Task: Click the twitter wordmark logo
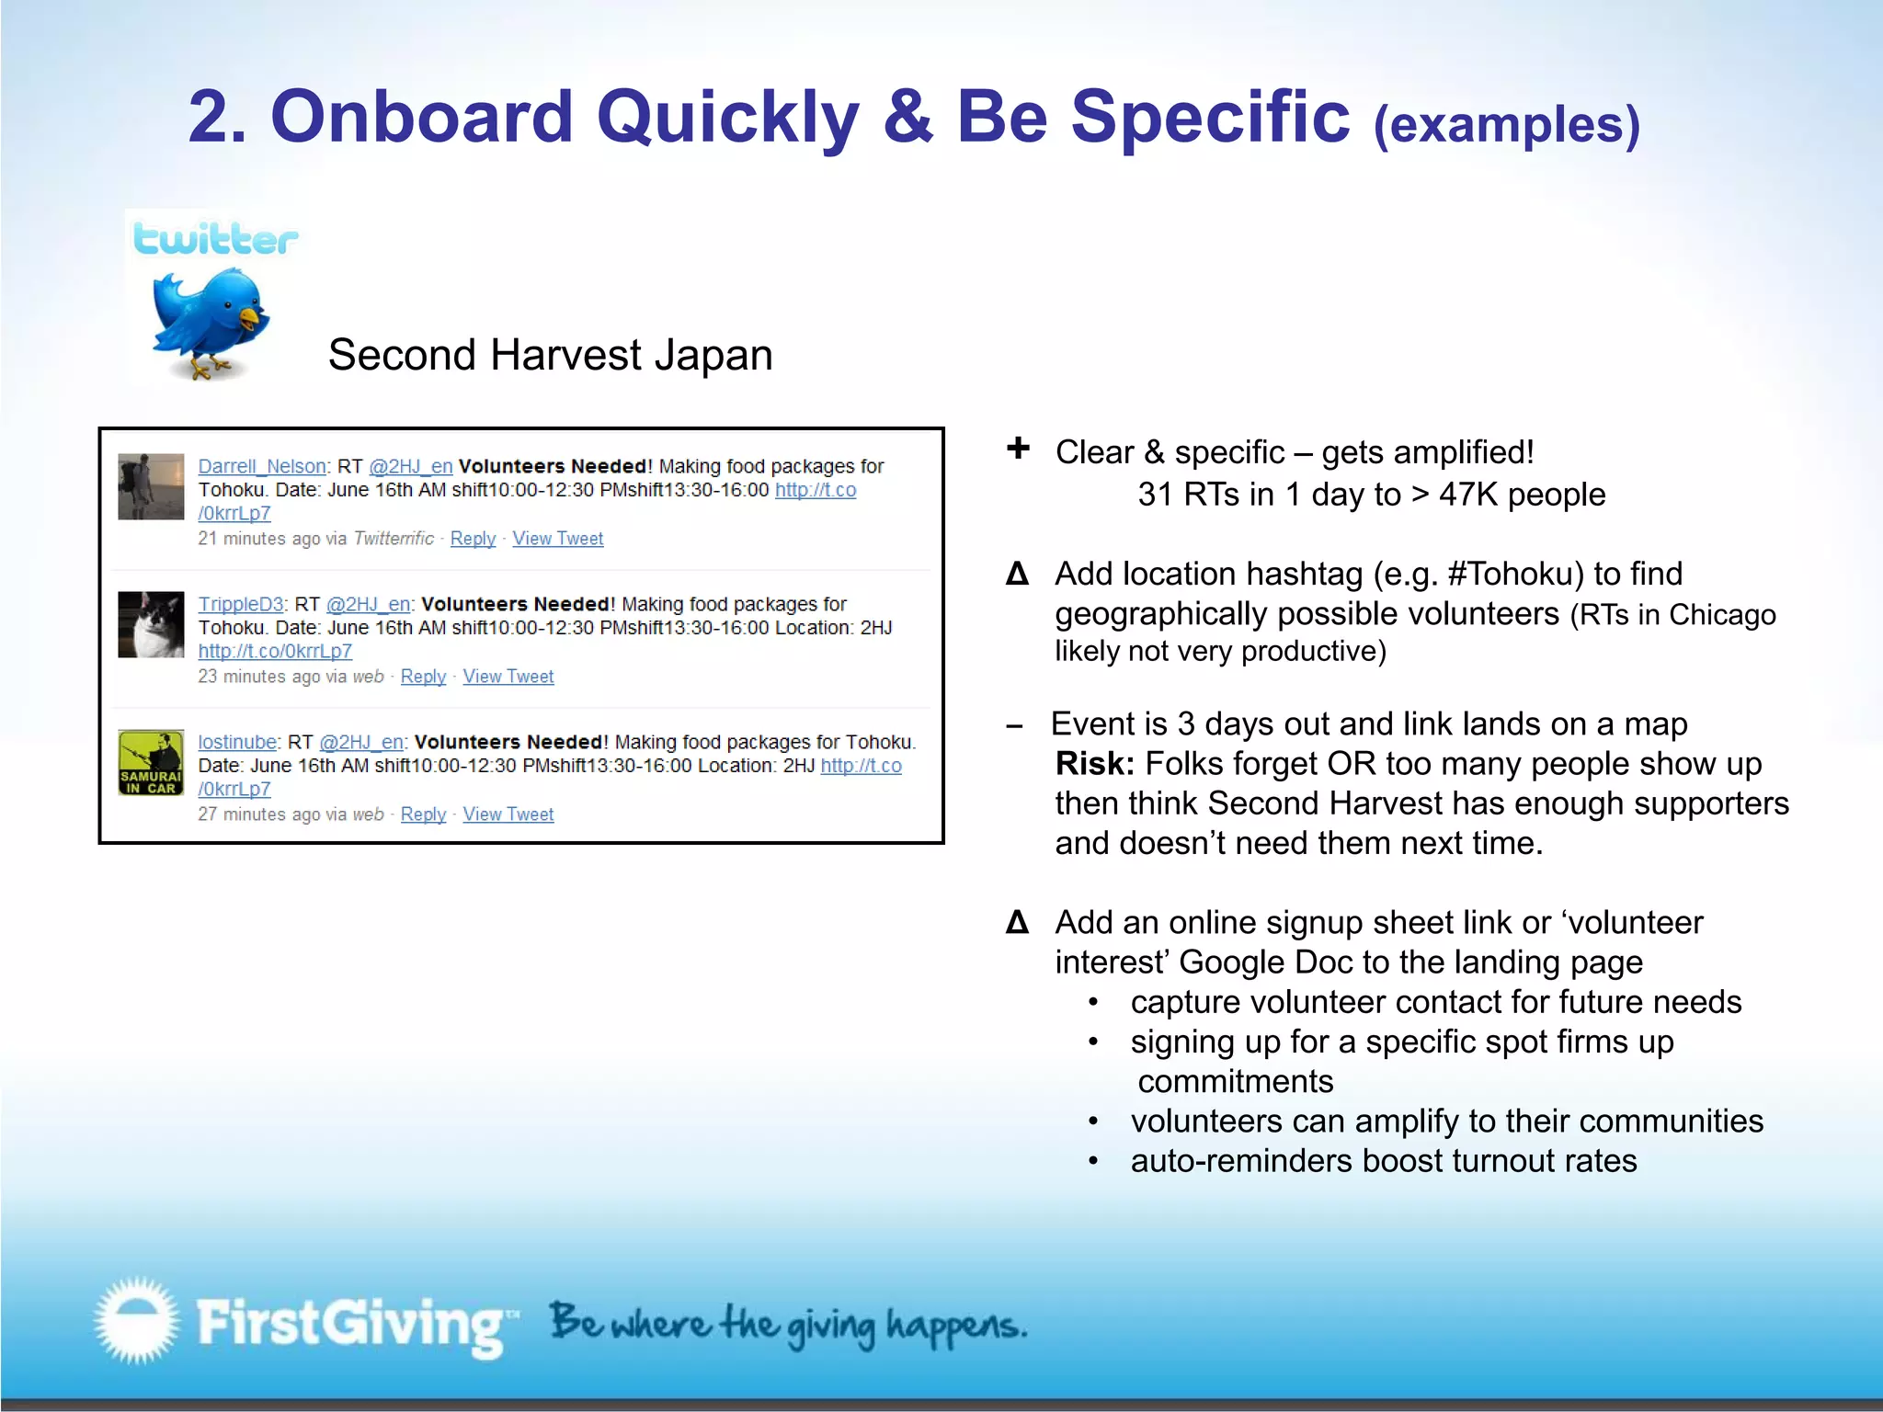[215, 239]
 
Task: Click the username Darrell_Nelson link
[262, 466]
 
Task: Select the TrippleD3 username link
[241, 604]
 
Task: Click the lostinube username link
[237, 742]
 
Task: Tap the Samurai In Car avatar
[151, 763]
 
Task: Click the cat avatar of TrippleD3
[151, 625]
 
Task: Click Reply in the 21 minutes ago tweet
[473, 539]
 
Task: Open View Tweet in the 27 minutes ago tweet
[508, 814]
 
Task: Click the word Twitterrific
[394, 539]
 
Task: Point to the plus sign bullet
[1018, 449]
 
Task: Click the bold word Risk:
[1094, 764]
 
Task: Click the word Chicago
[1722, 614]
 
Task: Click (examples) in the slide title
[1506, 125]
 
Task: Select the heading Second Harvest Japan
[550, 355]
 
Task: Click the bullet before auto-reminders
[1093, 1162]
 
